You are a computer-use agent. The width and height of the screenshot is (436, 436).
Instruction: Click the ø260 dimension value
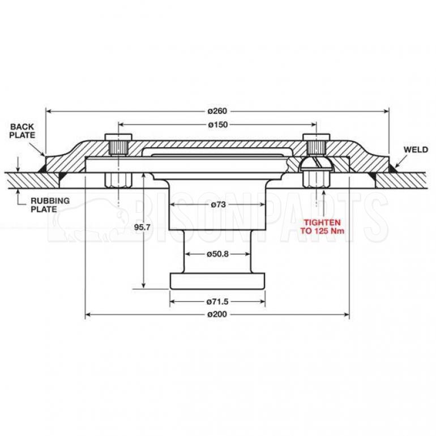(x=217, y=110)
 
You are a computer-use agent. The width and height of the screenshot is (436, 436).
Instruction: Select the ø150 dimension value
(x=217, y=125)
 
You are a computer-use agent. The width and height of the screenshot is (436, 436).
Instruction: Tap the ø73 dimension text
(x=217, y=204)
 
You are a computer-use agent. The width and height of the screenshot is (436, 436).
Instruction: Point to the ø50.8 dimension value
(x=217, y=254)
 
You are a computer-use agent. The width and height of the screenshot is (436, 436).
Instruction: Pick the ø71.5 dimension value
(x=217, y=301)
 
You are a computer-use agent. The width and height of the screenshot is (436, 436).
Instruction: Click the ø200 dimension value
(x=217, y=314)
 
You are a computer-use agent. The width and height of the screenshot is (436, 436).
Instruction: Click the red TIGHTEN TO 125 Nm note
(x=324, y=227)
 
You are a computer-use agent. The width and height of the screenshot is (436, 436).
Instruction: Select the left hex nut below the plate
(x=118, y=179)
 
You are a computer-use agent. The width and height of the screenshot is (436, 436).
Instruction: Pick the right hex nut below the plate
(x=316, y=179)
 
